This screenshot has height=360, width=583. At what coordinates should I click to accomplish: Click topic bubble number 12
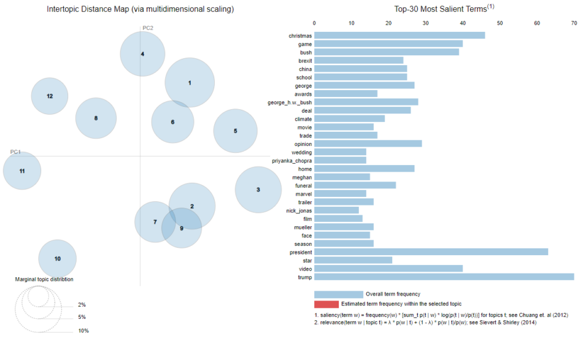pyautogui.click(x=50, y=96)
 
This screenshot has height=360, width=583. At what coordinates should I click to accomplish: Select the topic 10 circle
pyautogui.click(x=58, y=259)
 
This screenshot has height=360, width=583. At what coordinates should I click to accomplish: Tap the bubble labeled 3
pyautogui.click(x=258, y=190)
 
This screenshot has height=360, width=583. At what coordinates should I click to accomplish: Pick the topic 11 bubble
pyautogui.click(x=22, y=170)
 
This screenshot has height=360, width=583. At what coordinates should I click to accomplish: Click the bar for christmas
pyautogui.click(x=400, y=36)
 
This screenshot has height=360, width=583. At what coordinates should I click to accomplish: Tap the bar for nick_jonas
pyautogui.click(x=336, y=210)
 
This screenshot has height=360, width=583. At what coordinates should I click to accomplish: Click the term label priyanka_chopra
pyautogui.click(x=292, y=161)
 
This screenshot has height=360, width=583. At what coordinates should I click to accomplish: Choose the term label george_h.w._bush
pyautogui.click(x=290, y=102)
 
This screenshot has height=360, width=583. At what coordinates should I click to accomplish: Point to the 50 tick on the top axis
pyautogui.click(x=500, y=23)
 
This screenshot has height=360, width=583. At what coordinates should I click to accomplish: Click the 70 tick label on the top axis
pyautogui.click(x=574, y=23)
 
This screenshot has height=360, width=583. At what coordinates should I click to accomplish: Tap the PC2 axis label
pyautogui.click(x=148, y=28)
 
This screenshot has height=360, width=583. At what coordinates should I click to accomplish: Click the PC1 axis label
pyautogui.click(x=16, y=151)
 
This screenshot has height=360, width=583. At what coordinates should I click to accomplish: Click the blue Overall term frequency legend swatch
pyautogui.click(x=338, y=294)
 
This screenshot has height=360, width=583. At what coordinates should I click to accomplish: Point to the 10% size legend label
pyautogui.click(x=83, y=331)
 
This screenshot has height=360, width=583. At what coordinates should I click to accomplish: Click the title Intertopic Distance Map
pyautogui.click(x=140, y=9)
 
